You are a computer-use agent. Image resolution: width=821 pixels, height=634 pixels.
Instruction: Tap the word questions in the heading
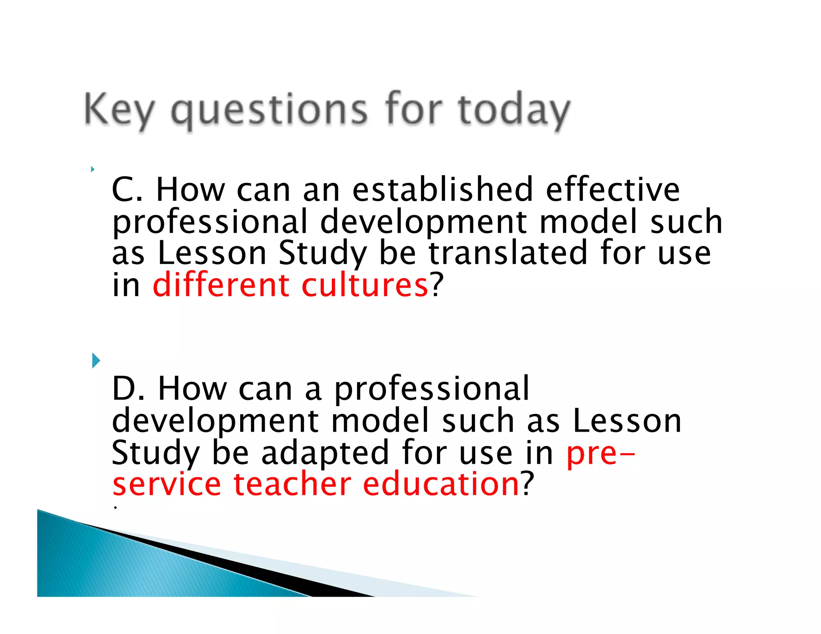pos(269,110)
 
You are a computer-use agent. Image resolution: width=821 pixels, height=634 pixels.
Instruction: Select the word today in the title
pos(514,110)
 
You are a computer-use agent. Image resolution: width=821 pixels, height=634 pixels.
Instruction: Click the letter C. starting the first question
pos(127,189)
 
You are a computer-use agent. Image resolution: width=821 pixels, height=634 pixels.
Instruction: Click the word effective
pos(613,189)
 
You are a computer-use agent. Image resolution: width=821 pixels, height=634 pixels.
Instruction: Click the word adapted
pos(325,452)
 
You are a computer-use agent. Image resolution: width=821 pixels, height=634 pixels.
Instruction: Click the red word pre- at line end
pos(601,453)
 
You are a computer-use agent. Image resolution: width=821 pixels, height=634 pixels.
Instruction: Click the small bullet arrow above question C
pos(93,169)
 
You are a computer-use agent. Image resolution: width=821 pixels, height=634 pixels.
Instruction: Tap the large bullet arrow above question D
pos(96,360)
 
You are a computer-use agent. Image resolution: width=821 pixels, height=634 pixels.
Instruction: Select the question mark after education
pos(528,484)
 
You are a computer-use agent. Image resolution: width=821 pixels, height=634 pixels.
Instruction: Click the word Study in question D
pos(155,452)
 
